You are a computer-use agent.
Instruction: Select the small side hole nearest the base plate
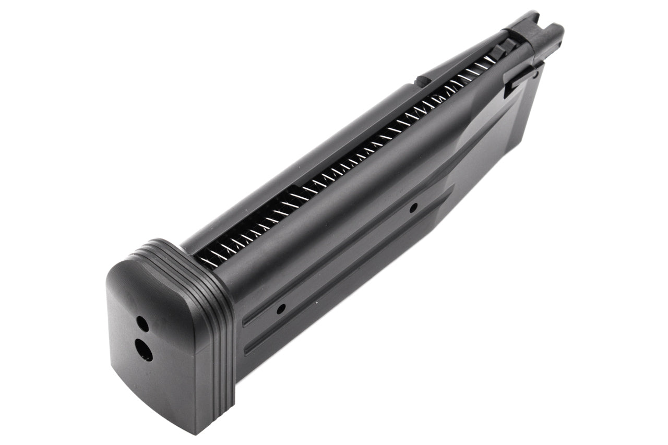click(281, 308)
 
